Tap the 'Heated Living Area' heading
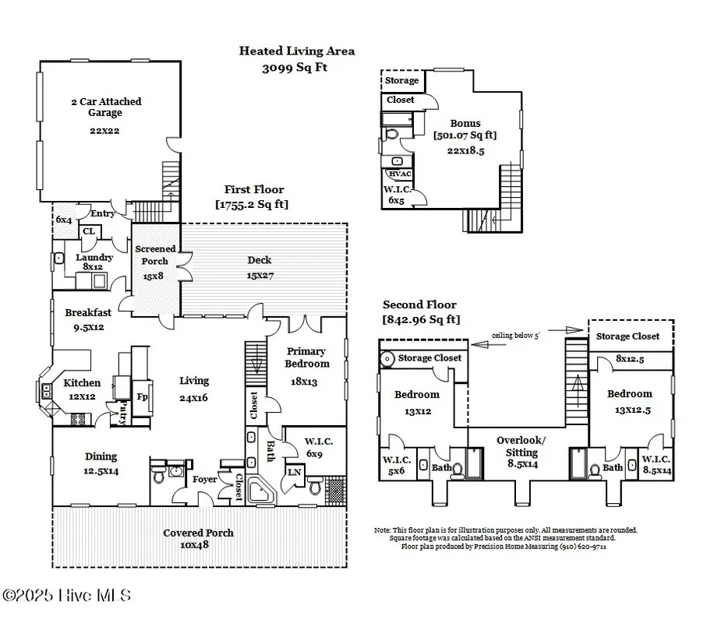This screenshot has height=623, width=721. pyautogui.click(x=296, y=51)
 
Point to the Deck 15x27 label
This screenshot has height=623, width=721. pyautogui.click(x=259, y=267)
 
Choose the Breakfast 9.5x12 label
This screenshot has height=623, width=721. pyautogui.click(x=87, y=319)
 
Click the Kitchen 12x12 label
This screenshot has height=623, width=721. pyautogui.click(x=82, y=389)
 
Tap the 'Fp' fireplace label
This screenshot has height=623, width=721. pyautogui.click(x=141, y=396)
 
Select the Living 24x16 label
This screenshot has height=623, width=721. pyautogui.click(x=194, y=388)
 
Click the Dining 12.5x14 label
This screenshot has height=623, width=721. pyautogui.click(x=101, y=463)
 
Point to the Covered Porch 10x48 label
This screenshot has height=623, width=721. pyautogui.click(x=198, y=539)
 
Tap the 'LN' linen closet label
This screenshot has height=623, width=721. pyautogui.click(x=295, y=471)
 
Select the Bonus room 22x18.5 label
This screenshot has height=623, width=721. pyautogui.click(x=465, y=136)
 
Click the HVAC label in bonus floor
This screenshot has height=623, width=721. pyautogui.click(x=399, y=174)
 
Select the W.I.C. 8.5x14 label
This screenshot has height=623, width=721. pyautogui.click(x=656, y=464)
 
